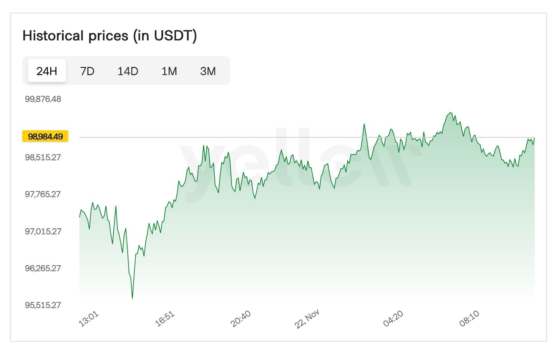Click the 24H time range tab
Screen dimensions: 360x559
(47, 71)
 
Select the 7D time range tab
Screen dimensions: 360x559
(87, 71)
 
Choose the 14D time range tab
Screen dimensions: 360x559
(128, 71)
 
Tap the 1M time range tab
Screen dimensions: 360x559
(169, 71)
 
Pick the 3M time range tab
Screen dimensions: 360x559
(208, 71)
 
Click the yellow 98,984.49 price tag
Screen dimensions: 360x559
(45, 136)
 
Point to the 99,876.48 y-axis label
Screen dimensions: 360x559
(43, 99)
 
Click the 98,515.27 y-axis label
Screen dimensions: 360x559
(43, 157)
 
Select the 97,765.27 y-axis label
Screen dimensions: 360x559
(43, 194)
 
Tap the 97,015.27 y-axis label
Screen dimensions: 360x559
(43, 231)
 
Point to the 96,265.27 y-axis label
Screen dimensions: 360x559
(43, 268)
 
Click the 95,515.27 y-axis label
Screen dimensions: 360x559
(43, 305)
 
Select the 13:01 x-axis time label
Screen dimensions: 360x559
(89, 319)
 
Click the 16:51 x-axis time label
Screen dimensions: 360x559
(165, 319)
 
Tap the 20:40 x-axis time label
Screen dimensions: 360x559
(241, 319)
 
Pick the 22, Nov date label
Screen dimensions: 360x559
(307, 319)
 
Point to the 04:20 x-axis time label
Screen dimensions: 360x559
(393, 319)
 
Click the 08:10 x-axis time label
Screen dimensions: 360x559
(469, 319)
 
